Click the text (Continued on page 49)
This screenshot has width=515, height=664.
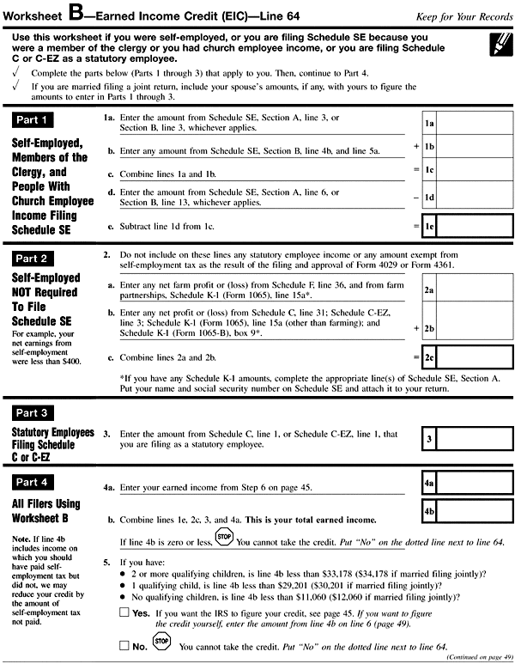[476, 658]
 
